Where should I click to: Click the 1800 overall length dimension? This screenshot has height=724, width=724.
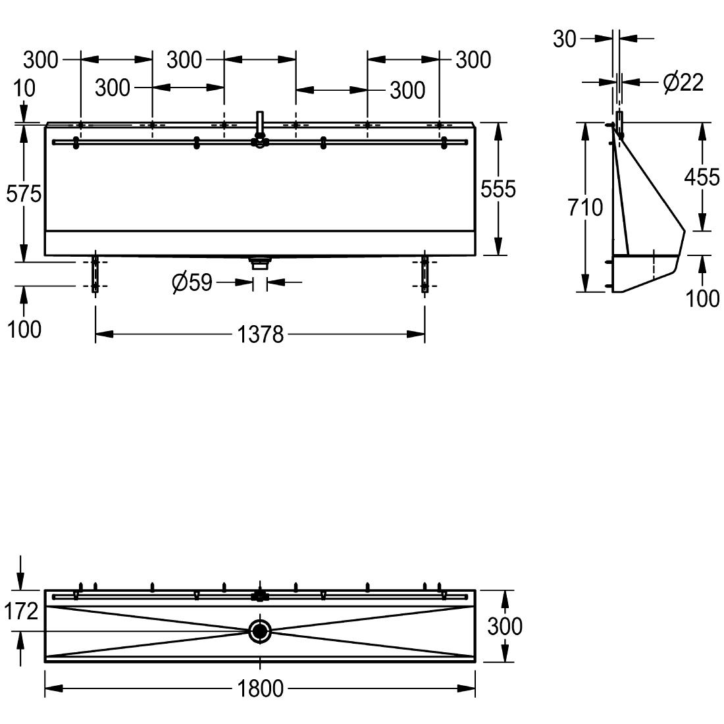(x=260, y=688)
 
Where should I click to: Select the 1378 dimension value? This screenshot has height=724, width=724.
(x=260, y=335)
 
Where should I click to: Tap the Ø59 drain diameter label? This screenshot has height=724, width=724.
(x=192, y=282)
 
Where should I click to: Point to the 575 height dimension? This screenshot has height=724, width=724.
(x=24, y=194)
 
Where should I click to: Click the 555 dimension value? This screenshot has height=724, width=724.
(x=498, y=189)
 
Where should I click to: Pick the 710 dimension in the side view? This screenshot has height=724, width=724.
(x=585, y=207)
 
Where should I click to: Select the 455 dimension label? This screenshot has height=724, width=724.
(x=702, y=177)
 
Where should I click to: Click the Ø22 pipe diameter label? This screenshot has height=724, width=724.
(x=683, y=83)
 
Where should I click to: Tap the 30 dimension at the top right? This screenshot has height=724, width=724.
(x=565, y=39)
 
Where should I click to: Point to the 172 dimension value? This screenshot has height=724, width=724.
(x=21, y=611)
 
